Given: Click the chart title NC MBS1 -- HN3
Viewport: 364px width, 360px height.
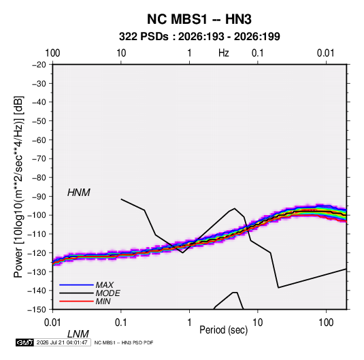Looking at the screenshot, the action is [x=199, y=19].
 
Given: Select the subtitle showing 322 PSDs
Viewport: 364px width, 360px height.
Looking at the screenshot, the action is [x=199, y=37].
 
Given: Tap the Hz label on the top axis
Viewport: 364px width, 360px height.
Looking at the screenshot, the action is [x=224, y=53].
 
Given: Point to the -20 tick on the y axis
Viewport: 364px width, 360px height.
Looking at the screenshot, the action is [x=39, y=65].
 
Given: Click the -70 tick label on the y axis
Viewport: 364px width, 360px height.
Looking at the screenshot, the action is [x=39, y=159].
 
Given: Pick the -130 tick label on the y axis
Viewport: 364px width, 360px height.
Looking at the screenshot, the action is [x=37, y=272].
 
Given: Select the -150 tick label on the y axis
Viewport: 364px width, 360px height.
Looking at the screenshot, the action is [x=37, y=310].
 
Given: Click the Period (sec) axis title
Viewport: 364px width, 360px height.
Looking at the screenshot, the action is [x=224, y=330].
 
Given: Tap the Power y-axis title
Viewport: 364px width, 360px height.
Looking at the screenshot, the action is [x=18, y=186].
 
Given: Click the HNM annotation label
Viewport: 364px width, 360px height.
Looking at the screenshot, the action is [x=79, y=193].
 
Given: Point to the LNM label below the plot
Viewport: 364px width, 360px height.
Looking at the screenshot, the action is [x=78, y=334].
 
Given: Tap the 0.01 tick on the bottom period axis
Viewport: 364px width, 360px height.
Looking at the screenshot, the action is [x=52, y=323].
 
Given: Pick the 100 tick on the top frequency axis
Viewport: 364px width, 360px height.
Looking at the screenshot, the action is [x=52, y=53].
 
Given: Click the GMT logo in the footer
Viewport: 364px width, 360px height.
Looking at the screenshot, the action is [x=24, y=342].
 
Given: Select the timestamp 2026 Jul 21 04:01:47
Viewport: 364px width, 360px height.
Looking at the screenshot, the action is [x=62, y=342].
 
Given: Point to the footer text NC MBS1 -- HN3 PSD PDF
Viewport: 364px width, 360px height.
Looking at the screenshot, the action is [x=124, y=342].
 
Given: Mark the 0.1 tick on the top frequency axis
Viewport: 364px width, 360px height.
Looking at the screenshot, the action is [x=258, y=53].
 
